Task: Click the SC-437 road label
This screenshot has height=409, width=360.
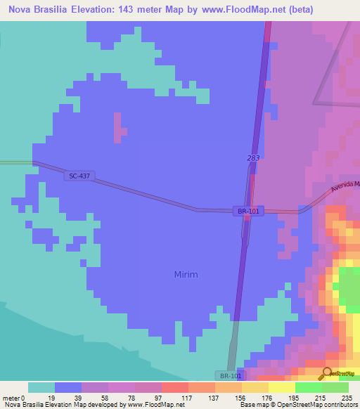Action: pyautogui.click(x=80, y=176)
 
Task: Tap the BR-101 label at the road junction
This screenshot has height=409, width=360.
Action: pyautogui.click(x=248, y=211)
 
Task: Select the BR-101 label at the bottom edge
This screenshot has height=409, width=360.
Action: pyautogui.click(x=228, y=376)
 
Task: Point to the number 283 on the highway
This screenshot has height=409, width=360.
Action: pyautogui.click(x=254, y=158)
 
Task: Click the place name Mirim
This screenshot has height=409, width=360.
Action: pyautogui.click(x=186, y=275)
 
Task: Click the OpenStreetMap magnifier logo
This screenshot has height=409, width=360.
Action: pyautogui.click(x=326, y=374)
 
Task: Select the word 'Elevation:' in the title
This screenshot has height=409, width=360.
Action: pyautogui.click(x=105, y=9)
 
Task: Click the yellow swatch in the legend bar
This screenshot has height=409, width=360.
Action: pyautogui.click(x=281, y=387)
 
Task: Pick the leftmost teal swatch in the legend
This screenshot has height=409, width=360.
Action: pyautogui.click(x=41, y=387)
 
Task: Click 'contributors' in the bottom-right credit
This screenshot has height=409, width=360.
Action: pyautogui.click(x=340, y=405)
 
